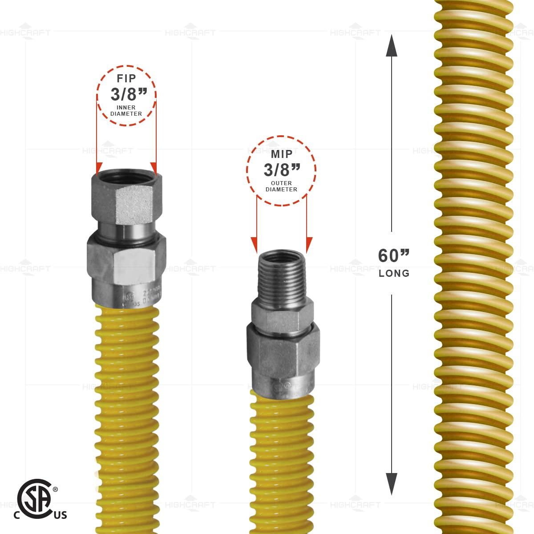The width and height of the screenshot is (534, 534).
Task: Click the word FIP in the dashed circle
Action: [126, 79]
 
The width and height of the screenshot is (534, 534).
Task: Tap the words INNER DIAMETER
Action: [126, 110]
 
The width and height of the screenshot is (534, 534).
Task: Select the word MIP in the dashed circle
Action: [281, 154]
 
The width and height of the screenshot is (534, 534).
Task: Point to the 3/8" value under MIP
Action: [281, 170]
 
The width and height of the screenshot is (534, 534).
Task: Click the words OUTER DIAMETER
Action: [281, 186]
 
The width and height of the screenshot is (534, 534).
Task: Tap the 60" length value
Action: [393, 256]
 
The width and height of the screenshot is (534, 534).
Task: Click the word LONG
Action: [394, 273]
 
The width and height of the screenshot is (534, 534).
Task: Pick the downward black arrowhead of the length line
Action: [392, 483]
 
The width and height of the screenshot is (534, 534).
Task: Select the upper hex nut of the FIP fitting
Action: [126, 202]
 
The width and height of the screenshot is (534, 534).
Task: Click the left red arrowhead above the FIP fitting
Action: [97, 167]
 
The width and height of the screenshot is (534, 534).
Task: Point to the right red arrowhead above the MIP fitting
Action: [307, 244]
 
